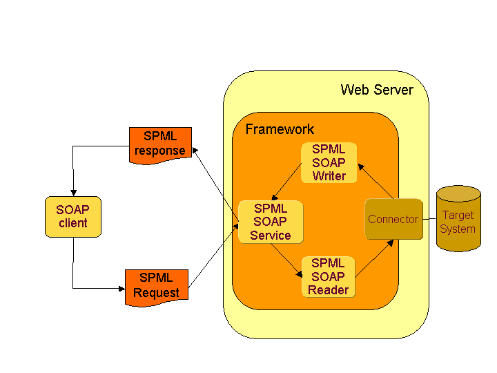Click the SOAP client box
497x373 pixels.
(x=72, y=216)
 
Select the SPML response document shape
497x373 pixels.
(x=159, y=144)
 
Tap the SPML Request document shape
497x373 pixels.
(x=156, y=285)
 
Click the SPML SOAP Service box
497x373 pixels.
(x=270, y=222)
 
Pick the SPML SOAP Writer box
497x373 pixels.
(x=329, y=162)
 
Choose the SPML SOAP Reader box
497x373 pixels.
(x=328, y=276)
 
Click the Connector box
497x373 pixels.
(x=393, y=219)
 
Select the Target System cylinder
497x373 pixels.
(x=458, y=219)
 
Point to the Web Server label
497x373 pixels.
(x=377, y=90)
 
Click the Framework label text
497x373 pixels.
(x=280, y=129)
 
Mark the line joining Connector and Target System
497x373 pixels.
(x=429, y=219)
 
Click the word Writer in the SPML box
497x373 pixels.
(x=329, y=175)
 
